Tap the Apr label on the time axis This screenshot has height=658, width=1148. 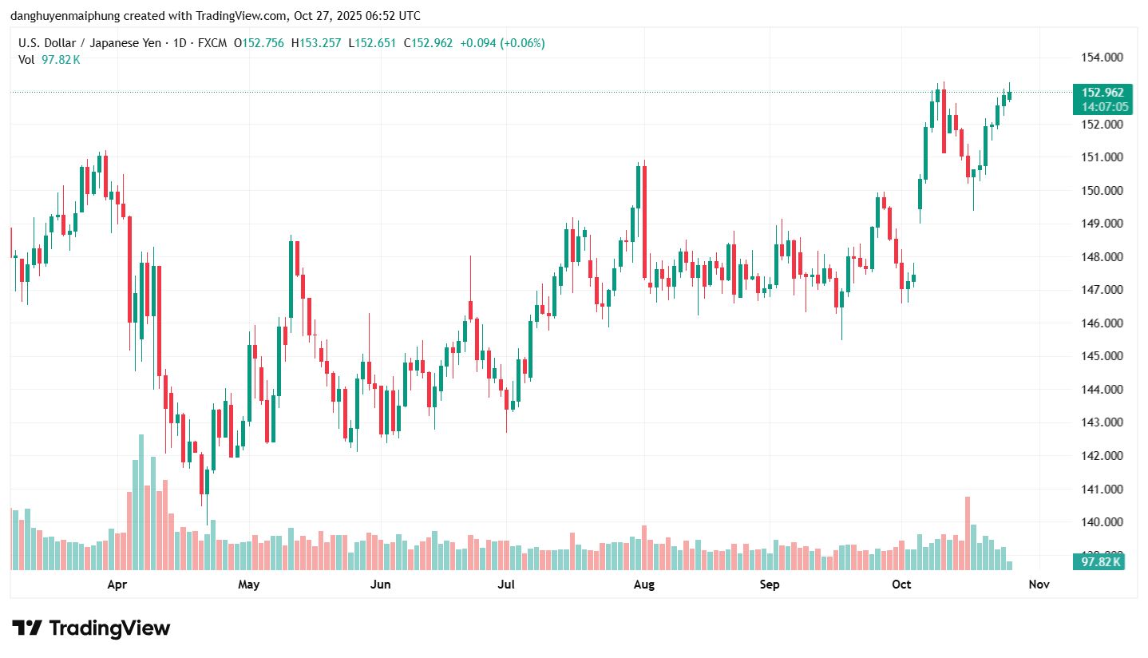(x=117, y=585)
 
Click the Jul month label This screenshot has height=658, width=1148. (x=506, y=585)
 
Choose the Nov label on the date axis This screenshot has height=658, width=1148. (x=1039, y=585)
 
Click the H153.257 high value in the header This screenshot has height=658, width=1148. (x=319, y=43)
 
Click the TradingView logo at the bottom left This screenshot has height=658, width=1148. (x=91, y=628)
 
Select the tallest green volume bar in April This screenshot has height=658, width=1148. (x=141, y=503)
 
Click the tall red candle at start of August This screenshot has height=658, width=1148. (x=644, y=220)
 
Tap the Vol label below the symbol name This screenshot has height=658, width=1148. (x=26, y=59)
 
